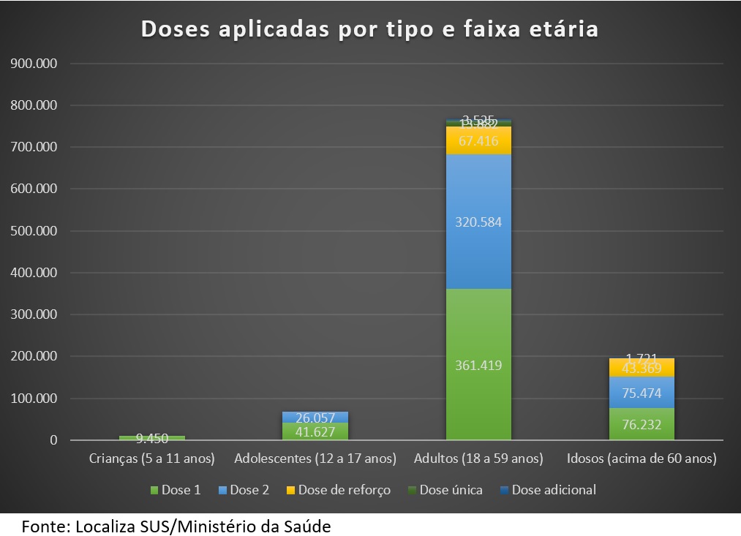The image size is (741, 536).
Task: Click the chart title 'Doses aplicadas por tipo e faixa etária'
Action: pos(369,29)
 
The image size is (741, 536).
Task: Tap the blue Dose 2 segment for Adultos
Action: pos(478,190)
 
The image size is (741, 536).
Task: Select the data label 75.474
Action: pos(642,393)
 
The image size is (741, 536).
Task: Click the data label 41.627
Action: pos(315,431)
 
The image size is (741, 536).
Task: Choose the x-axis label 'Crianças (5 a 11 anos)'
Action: pos(152,459)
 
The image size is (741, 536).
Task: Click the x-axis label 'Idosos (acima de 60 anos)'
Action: pos(642,459)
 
